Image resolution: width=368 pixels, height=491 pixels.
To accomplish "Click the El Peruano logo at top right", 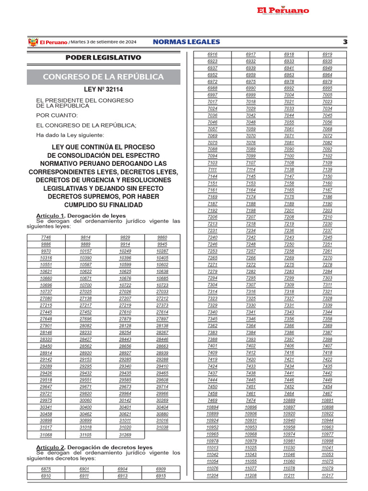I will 282,11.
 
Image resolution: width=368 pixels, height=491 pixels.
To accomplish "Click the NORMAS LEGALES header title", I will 186,42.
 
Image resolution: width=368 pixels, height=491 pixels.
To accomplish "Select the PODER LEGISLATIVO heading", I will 103,58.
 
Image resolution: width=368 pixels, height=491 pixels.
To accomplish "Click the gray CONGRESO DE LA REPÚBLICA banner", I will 103,77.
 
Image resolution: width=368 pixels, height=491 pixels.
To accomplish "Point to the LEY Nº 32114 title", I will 103,90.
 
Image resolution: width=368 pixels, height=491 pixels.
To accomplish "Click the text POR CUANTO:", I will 57,115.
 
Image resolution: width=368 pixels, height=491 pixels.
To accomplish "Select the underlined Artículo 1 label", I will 50,216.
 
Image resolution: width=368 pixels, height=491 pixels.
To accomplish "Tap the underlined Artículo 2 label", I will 50,447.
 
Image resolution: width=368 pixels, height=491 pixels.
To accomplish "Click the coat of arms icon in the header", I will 33,42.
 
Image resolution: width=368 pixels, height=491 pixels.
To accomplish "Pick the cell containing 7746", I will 46,237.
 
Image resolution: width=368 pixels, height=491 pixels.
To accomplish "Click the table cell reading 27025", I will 86,292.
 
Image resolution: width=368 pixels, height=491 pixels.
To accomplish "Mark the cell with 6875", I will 46,469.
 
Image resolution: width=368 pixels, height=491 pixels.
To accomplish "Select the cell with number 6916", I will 212,55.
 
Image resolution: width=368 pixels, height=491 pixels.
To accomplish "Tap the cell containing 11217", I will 327,475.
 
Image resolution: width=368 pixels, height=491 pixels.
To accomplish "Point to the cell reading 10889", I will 289,400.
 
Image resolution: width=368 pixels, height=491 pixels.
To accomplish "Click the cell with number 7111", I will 212,170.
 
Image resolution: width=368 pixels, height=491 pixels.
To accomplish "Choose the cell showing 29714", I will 162,386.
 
